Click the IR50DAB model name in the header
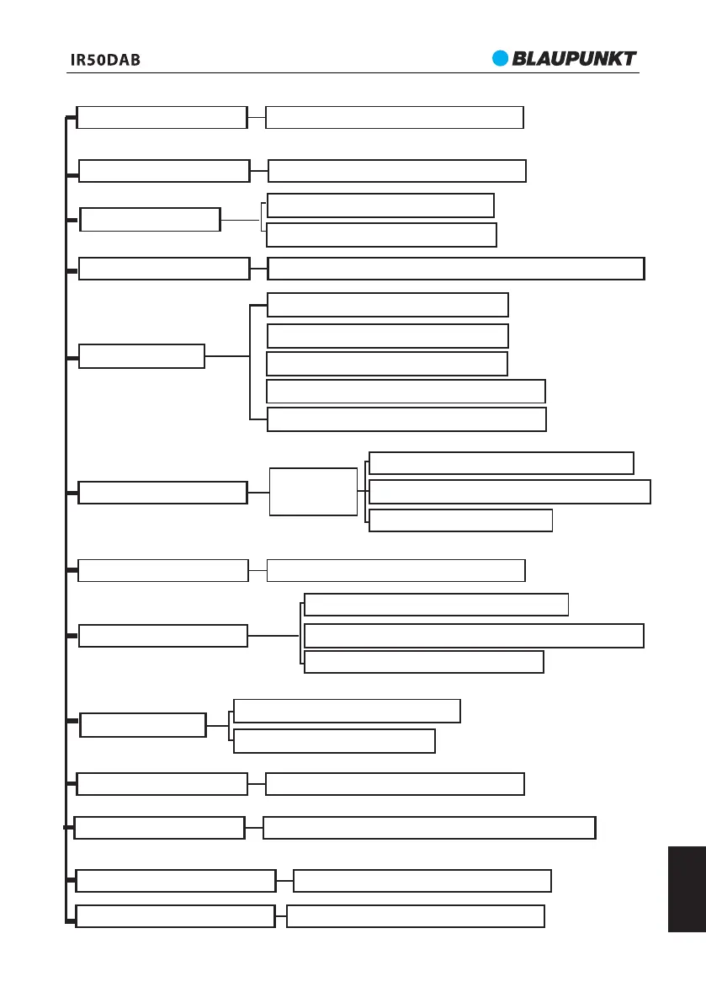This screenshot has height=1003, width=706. coord(104,61)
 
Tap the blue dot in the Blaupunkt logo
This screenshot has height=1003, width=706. coord(502,58)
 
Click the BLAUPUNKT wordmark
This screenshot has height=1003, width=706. coord(575,59)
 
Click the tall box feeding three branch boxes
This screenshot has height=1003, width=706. coord(313,491)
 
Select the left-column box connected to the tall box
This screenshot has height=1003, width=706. coord(162,492)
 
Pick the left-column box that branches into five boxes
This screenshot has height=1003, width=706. coord(141,356)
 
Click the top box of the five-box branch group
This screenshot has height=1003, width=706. coord(387,304)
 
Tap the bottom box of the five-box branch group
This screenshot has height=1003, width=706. coord(406,419)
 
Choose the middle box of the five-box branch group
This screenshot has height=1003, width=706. coord(386,364)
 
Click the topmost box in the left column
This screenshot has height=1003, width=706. coord(162,117)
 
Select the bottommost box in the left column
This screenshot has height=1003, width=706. coord(175,915)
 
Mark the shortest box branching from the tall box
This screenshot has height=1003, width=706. coord(460,520)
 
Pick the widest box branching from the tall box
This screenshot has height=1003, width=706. coord(509,492)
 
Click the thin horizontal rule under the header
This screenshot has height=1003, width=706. coord(353,73)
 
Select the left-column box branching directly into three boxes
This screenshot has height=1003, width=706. coord(162,636)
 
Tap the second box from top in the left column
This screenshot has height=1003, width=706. coord(164,170)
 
